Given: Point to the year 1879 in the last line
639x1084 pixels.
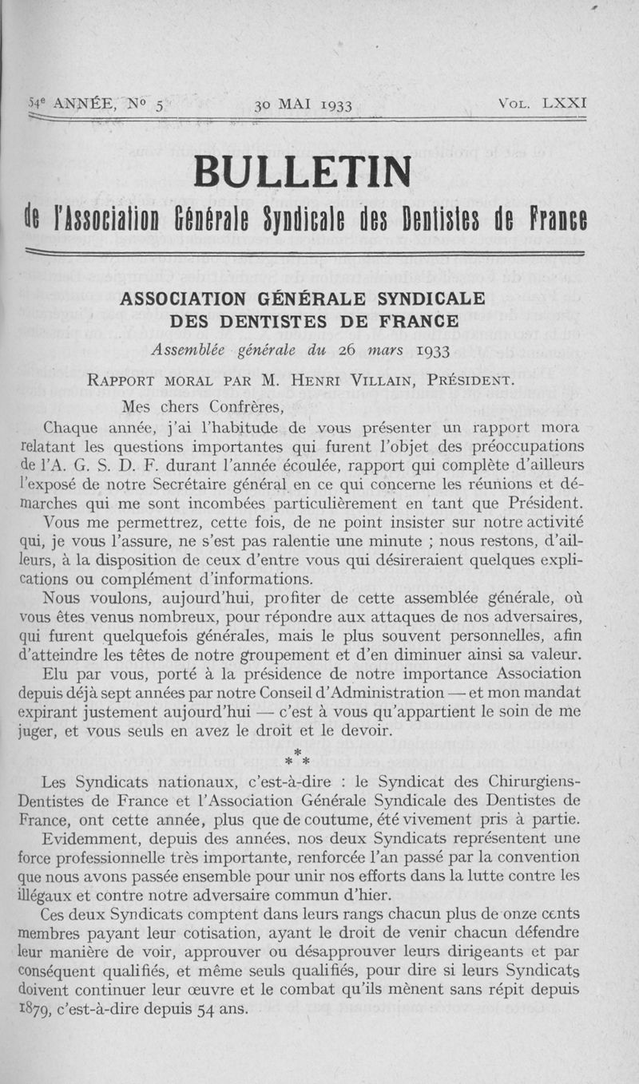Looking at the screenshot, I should [34, 1008].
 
